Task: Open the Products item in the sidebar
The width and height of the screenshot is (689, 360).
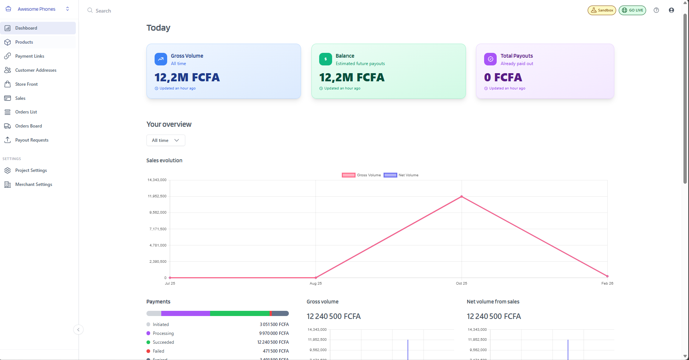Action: (24, 42)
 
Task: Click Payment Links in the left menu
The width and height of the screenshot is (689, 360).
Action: (30, 56)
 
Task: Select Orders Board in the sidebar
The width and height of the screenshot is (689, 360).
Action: (28, 126)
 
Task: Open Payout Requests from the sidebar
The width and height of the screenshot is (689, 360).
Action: (32, 140)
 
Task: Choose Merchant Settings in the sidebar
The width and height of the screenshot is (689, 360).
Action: (34, 184)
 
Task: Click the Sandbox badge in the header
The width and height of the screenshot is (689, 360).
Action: (602, 10)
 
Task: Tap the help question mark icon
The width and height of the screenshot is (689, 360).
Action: (656, 10)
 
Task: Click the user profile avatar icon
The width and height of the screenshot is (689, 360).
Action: (671, 10)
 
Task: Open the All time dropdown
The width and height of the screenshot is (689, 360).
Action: (166, 140)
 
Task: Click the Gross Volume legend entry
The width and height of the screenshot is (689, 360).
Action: (361, 175)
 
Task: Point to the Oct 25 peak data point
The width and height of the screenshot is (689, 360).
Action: (462, 197)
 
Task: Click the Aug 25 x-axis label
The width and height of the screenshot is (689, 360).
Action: (315, 283)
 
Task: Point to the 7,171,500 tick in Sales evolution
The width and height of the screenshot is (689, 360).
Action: (158, 229)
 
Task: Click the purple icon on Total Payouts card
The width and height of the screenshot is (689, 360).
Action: (490, 59)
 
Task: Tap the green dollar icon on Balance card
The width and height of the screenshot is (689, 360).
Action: (325, 59)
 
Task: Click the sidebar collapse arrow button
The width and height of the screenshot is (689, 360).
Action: (78, 330)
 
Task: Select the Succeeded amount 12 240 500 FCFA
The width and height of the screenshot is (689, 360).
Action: (273, 342)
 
